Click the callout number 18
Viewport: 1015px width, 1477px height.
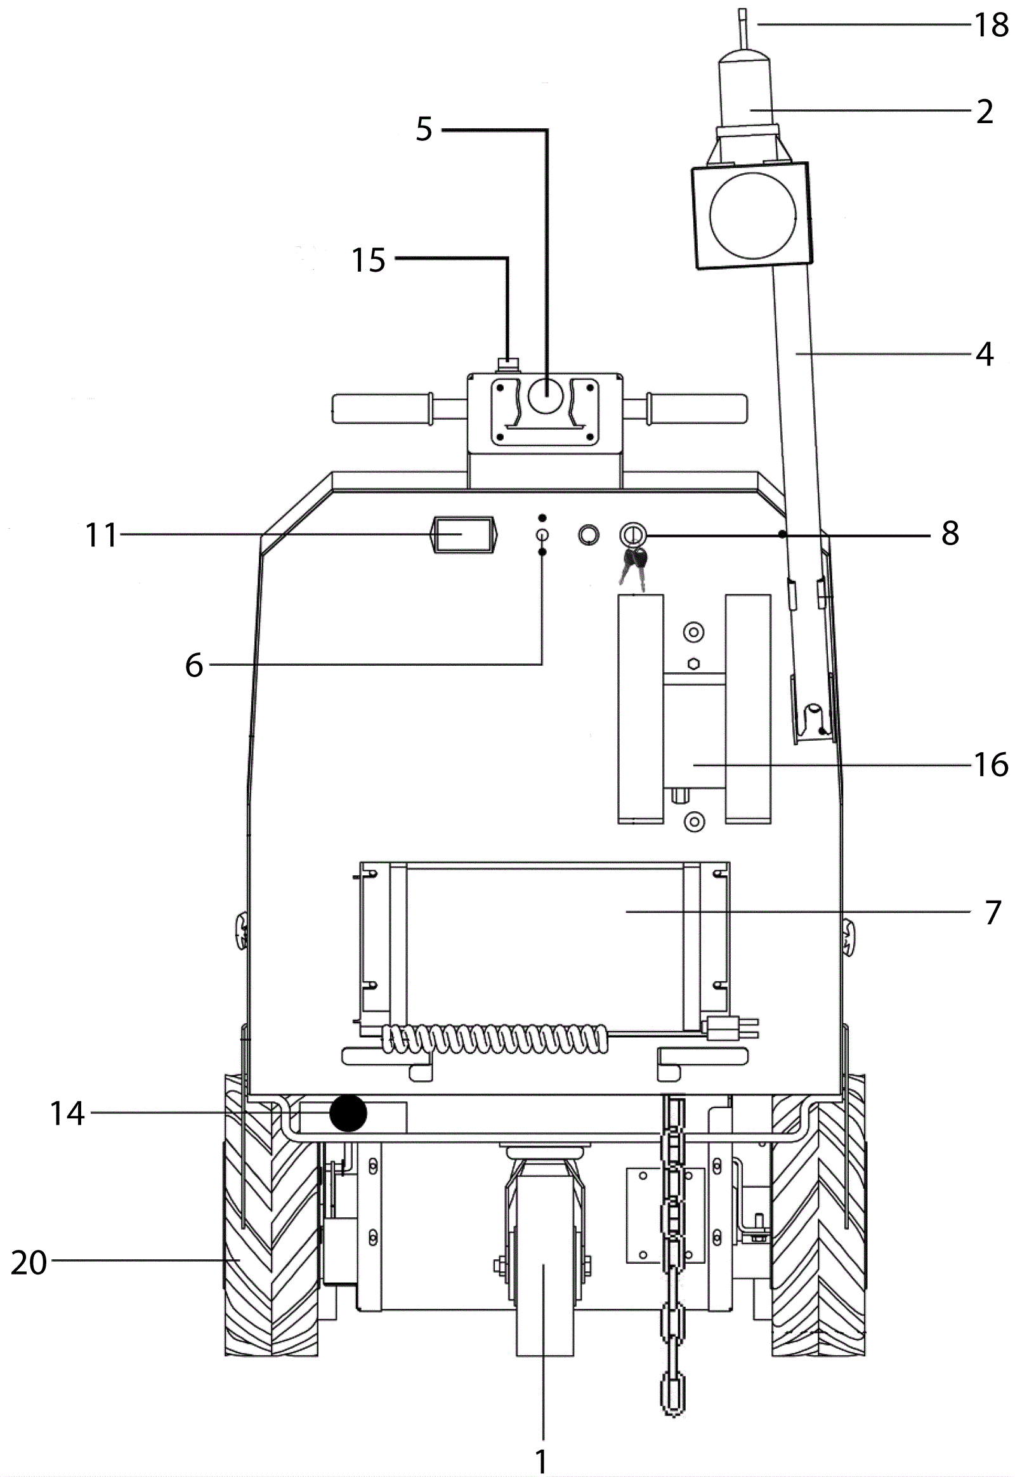992,25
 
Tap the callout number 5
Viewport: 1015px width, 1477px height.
424,129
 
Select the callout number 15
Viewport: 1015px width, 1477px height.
369,260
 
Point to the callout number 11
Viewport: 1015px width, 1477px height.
101,535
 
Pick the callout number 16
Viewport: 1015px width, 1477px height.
992,764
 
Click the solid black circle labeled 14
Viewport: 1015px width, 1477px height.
348,1113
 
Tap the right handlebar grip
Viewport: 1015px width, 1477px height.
697,409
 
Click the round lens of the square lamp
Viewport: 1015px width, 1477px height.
753,216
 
